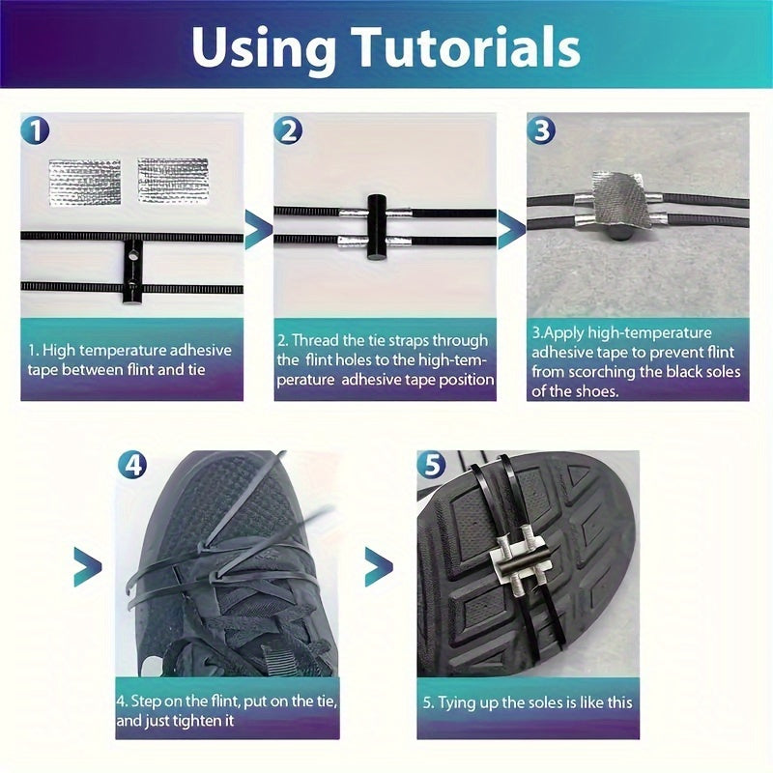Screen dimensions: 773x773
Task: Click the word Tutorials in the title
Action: coord(467,47)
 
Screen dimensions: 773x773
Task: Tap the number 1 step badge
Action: coord(35,130)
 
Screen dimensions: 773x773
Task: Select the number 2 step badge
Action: coord(288,130)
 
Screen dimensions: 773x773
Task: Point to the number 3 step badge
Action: coord(541,130)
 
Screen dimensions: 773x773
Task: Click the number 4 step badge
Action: coord(132,465)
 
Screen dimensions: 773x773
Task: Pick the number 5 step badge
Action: coord(431,465)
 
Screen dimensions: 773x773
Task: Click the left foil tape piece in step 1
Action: coord(85,183)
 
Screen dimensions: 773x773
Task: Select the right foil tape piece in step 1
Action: coord(173,181)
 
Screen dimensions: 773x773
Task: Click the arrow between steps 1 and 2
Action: coord(258,229)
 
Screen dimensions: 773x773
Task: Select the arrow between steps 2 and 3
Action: coord(512,229)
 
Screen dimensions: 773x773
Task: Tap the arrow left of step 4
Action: coord(87,566)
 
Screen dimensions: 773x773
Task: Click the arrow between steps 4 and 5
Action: coord(379,566)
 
